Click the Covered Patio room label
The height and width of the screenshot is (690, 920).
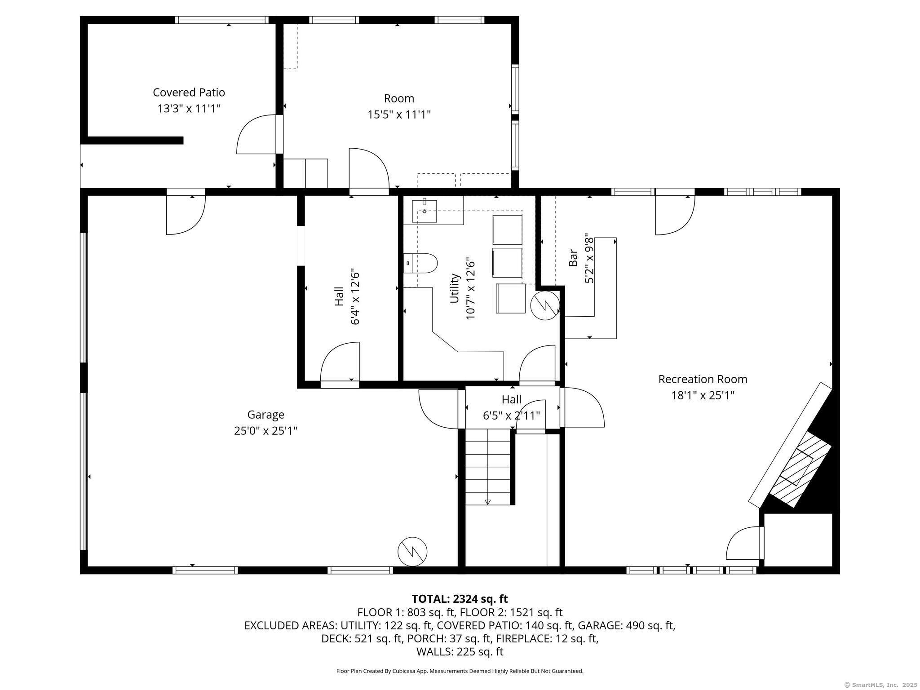click(x=189, y=93)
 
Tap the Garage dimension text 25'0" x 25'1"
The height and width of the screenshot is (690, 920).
click(x=265, y=431)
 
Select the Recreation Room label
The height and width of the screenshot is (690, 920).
click(x=703, y=379)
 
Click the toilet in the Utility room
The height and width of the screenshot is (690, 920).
click(x=423, y=263)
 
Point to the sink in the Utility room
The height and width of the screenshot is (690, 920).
click(x=425, y=211)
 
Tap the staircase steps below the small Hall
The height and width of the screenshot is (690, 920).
click(x=487, y=467)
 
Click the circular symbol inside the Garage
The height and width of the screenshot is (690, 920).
click(x=412, y=551)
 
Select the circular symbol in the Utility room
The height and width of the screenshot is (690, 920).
click(x=544, y=305)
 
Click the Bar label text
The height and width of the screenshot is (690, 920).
click(x=573, y=258)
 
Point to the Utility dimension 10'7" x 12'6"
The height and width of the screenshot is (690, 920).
click(x=470, y=288)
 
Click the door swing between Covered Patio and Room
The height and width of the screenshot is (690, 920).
click(x=256, y=134)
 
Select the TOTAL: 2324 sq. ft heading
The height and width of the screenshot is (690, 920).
click(x=460, y=599)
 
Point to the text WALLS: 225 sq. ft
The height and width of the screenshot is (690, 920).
click(x=460, y=652)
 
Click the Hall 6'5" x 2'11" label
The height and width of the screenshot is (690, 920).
click(x=511, y=407)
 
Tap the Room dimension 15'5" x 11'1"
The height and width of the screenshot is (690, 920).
click(x=399, y=115)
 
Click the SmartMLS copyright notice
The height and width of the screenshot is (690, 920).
click(x=881, y=685)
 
